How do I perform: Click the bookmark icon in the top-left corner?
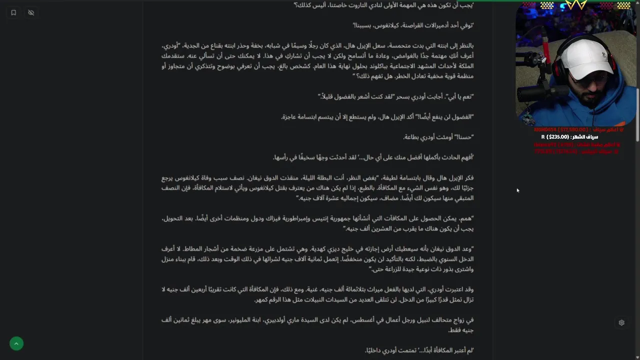pyautogui.click(x=13, y=12)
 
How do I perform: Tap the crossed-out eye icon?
pyautogui.click(x=31, y=12)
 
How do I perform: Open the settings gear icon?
pyautogui.click(x=621, y=322)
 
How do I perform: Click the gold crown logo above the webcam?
pyautogui.click(x=575, y=5)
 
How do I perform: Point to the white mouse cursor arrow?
pyautogui.click(x=517, y=190)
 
